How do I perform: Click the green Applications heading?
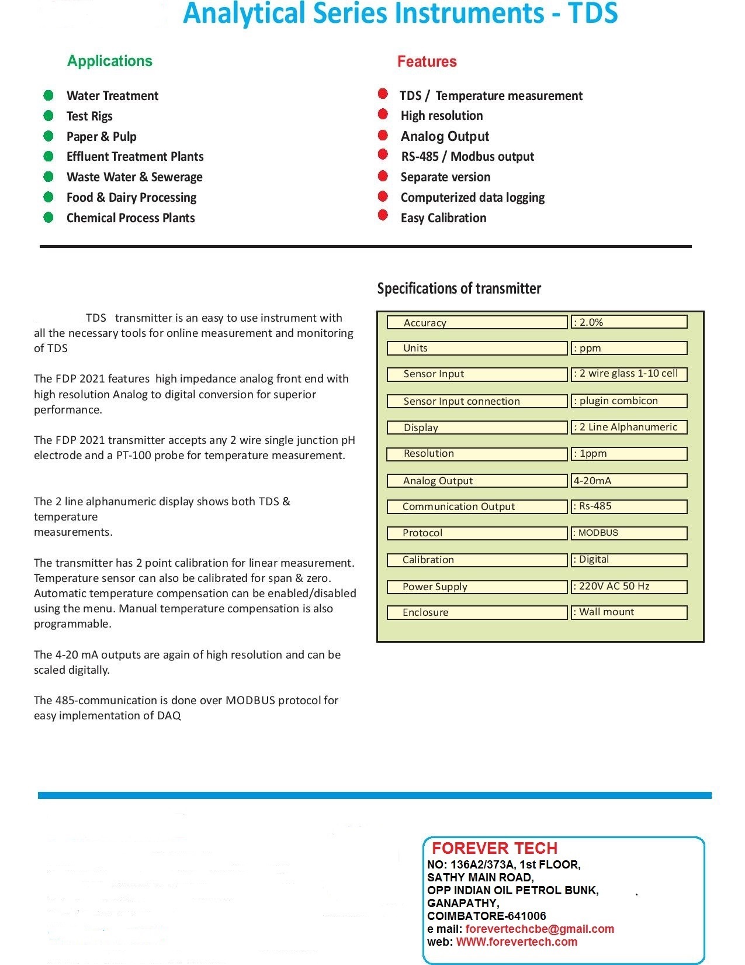click(x=109, y=61)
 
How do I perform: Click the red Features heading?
click(x=427, y=61)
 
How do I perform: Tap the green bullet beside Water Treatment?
click(x=48, y=95)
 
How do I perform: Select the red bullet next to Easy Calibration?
click(x=383, y=215)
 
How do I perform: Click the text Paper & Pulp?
click(x=101, y=136)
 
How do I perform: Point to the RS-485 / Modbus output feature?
click(x=467, y=157)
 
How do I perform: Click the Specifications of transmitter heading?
click(x=459, y=288)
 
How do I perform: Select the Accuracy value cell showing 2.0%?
click(x=629, y=322)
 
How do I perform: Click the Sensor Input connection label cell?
click(x=477, y=401)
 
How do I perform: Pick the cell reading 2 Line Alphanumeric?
click(x=629, y=427)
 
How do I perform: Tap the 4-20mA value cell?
click(x=629, y=481)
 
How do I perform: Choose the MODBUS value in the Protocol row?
click(x=629, y=533)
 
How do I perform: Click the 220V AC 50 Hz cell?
click(x=629, y=586)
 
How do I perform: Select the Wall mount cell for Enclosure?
click(x=629, y=612)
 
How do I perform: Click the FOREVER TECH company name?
click(x=494, y=848)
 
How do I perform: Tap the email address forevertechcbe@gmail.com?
click(x=539, y=929)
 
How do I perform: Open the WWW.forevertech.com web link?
click(x=517, y=942)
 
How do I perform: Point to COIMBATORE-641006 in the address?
click(x=486, y=916)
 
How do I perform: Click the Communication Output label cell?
click(x=477, y=506)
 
